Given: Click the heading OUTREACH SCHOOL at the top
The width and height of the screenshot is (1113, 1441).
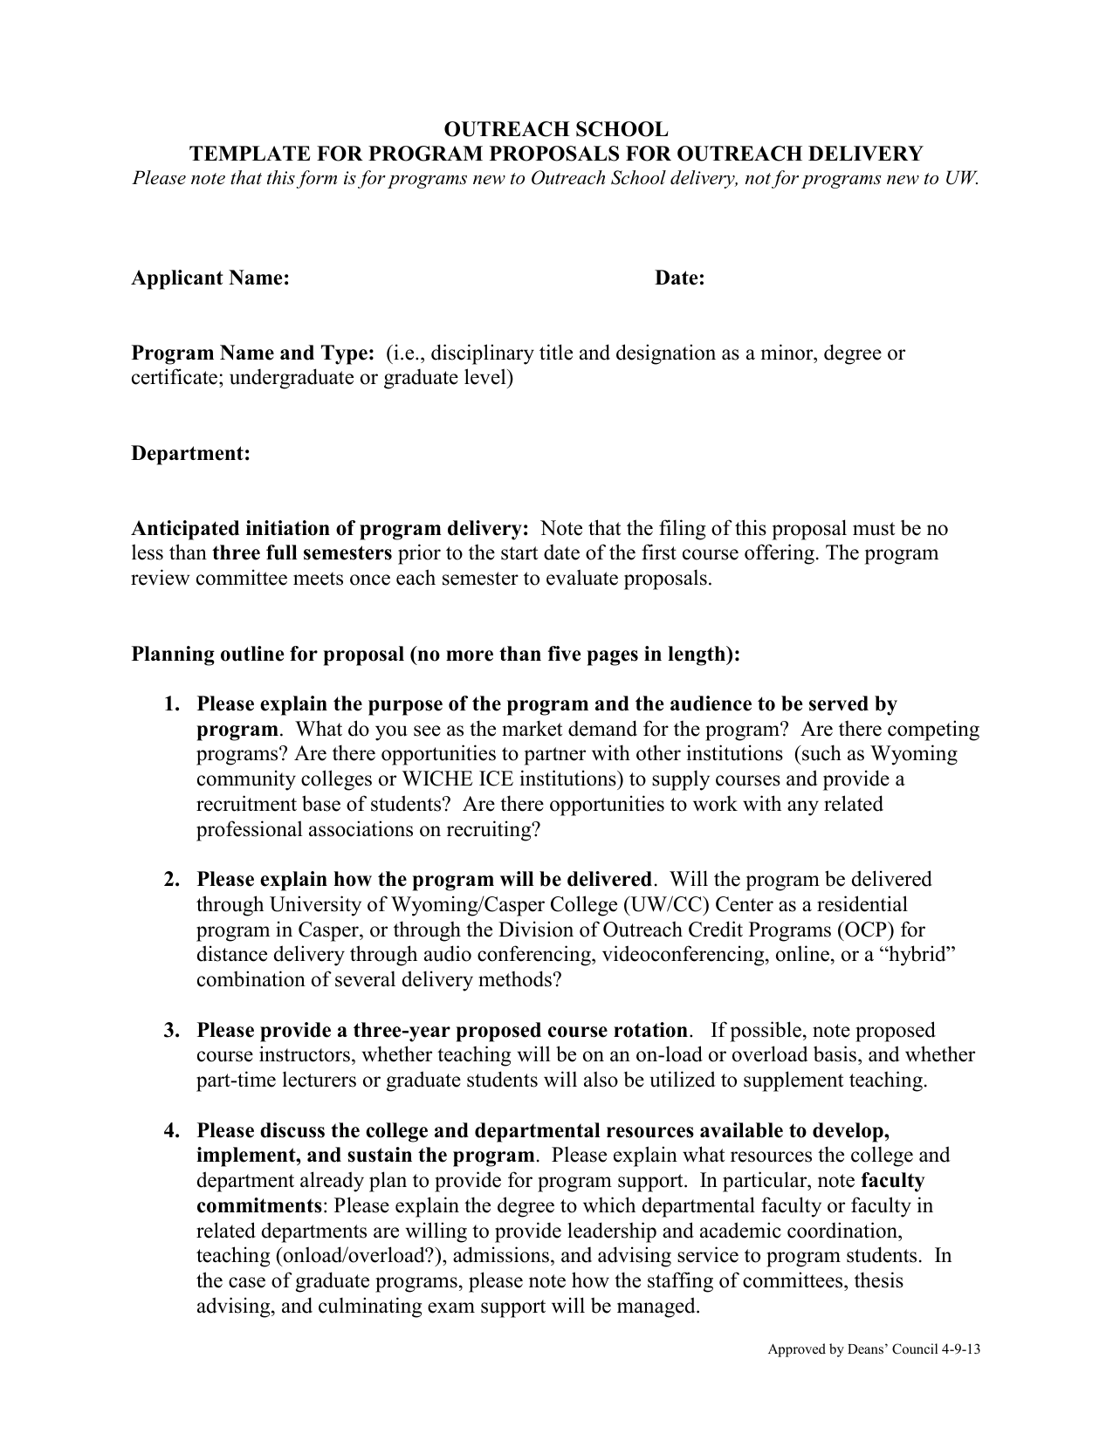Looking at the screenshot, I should coord(556,129).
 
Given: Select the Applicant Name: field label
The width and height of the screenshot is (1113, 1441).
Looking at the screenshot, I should coord(210,278).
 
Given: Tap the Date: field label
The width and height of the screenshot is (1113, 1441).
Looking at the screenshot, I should coord(680,278).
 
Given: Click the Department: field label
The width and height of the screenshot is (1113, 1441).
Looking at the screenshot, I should coord(190,454).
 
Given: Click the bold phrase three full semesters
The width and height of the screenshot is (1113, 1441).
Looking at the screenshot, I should coord(302,553).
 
